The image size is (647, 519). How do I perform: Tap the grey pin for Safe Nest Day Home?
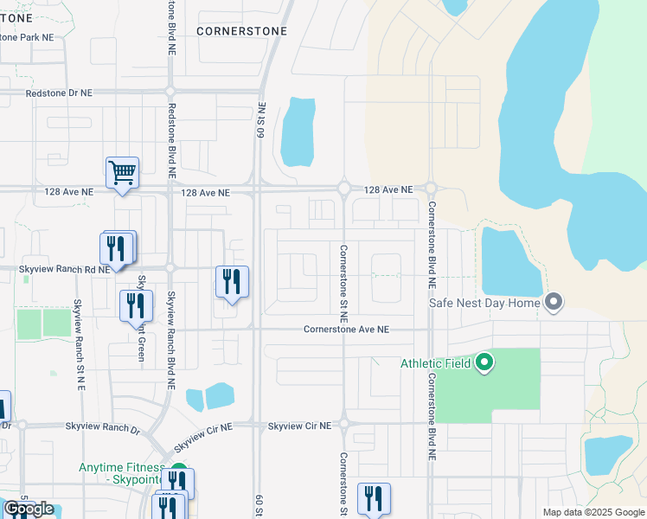point(554,303)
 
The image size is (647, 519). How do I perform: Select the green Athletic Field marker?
point(484,362)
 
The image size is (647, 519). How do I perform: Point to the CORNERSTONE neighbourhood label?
point(240,30)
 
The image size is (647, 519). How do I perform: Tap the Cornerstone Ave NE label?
point(346,330)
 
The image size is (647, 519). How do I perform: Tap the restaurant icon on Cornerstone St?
point(374,498)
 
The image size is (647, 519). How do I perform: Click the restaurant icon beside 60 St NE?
point(232,282)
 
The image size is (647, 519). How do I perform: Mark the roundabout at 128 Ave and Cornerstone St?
point(343,188)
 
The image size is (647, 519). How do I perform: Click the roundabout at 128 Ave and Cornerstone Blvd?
point(431,188)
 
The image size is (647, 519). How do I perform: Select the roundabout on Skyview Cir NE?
point(343,424)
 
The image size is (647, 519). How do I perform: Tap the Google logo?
point(28,509)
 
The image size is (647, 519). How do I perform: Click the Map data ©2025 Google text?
point(593,512)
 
